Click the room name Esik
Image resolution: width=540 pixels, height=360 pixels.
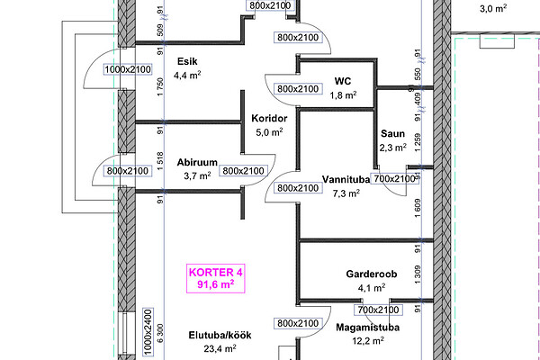point(187,61)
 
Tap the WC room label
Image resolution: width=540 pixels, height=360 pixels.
point(342,79)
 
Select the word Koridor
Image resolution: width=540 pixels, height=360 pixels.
point(269,118)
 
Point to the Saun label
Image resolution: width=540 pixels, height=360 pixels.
point(392,133)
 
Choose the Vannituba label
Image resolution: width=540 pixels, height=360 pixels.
point(346,178)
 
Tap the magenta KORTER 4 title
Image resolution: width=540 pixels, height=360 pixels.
point(215,272)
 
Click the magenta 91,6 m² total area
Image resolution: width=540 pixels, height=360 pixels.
point(215,284)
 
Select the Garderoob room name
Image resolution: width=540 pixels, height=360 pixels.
point(372,274)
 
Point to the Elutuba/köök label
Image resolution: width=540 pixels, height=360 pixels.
point(219,336)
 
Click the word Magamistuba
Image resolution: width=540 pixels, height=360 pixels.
point(368,328)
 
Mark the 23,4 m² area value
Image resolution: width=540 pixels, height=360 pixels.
point(219,348)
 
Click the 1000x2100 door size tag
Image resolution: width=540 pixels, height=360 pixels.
point(128,69)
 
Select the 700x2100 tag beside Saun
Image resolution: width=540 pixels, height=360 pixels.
point(395,179)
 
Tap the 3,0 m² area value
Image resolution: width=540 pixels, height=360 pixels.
point(493,9)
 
